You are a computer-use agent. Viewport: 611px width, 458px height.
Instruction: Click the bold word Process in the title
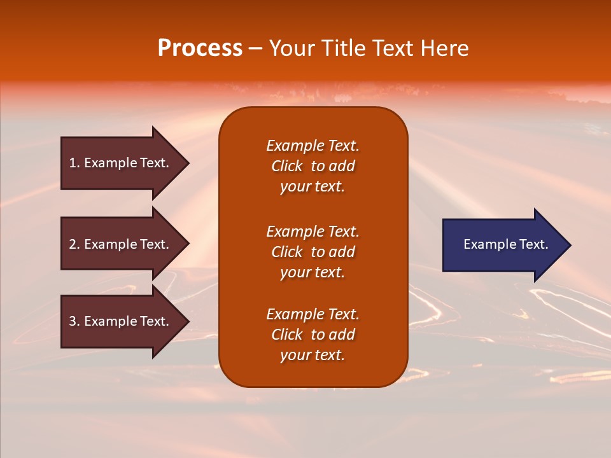pyautogui.click(x=200, y=48)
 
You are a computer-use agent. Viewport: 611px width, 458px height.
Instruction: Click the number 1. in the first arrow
pyautogui.click(x=74, y=163)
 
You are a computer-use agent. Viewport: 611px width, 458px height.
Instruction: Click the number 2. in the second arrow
pyautogui.click(x=74, y=244)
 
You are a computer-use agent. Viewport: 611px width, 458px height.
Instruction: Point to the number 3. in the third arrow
pyautogui.click(x=74, y=321)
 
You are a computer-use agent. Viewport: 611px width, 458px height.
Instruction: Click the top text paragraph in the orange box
pyautogui.click(x=313, y=166)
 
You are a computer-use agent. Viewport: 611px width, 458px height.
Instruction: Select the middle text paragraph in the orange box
pyautogui.click(x=313, y=252)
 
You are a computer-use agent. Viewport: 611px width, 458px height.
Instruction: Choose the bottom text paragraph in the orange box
pyautogui.click(x=313, y=335)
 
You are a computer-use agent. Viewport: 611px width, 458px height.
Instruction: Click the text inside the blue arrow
pyautogui.click(x=506, y=244)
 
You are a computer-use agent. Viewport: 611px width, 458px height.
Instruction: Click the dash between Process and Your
pyautogui.click(x=256, y=49)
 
